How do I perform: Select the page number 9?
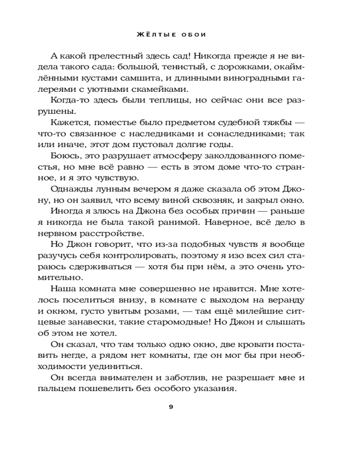171,407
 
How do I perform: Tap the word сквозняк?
207,200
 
